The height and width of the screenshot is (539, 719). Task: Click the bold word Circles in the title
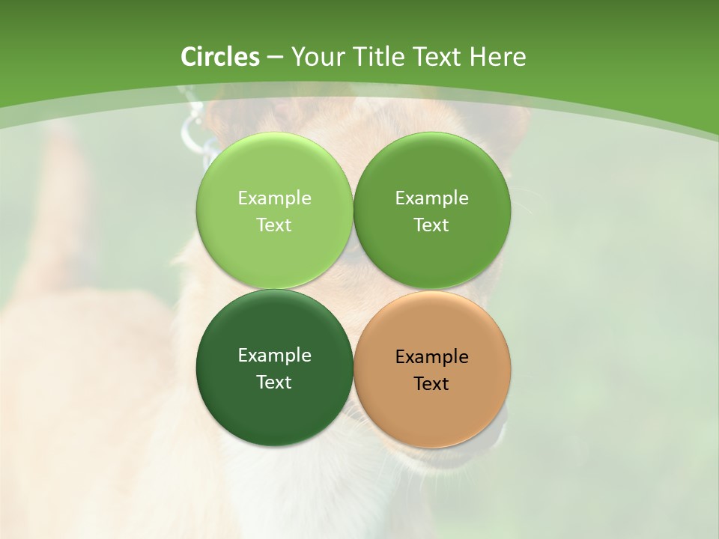click(x=220, y=57)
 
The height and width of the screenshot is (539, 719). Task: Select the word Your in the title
click(x=315, y=57)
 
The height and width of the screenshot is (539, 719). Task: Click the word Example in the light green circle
click(x=274, y=198)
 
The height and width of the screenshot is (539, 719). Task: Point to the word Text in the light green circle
click(x=274, y=225)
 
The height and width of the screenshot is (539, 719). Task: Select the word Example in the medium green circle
click(x=431, y=198)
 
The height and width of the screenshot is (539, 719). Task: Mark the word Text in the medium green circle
click(x=431, y=225)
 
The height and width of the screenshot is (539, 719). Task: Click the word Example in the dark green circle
click(x=274, y=355)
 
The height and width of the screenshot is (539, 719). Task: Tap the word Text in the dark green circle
click(x=274, y=382)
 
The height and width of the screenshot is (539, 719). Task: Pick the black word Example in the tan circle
click(x=431, y=356)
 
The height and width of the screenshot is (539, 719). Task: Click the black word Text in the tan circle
click(x=431, y=383)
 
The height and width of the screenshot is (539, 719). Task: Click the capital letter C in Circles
click(x=189, y=57)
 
